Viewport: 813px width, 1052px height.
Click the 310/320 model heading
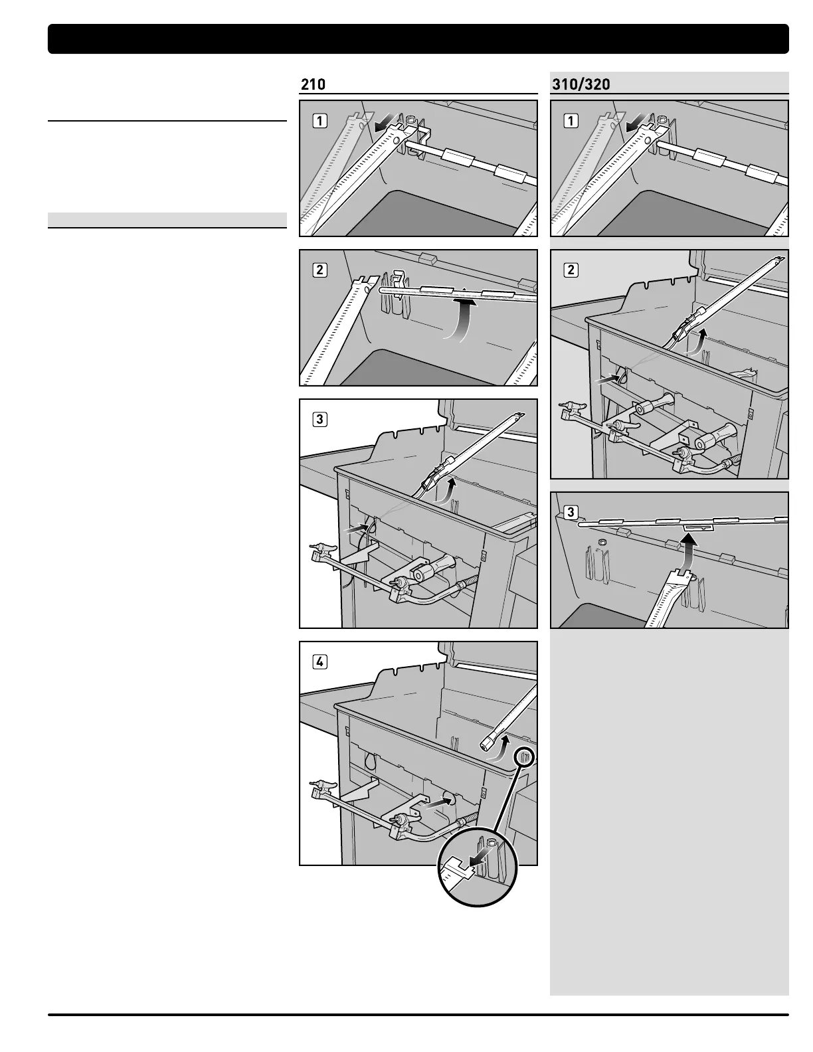pos(581,85)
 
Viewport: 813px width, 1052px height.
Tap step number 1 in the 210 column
pos(320,121)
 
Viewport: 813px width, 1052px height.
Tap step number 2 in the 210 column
pos(320,270)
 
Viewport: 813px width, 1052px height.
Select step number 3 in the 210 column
pos(320,420)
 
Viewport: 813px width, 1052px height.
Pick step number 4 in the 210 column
pos(320,662)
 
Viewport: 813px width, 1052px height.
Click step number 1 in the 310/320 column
pos(571,121)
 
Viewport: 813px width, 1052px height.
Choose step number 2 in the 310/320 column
pos(571,270)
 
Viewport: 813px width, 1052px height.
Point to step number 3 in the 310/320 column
pos(571,512)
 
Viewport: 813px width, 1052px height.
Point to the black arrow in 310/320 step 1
pos(634,124)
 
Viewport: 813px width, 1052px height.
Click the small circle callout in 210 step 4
pos(524,756)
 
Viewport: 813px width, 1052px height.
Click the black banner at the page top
pos(418,39)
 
